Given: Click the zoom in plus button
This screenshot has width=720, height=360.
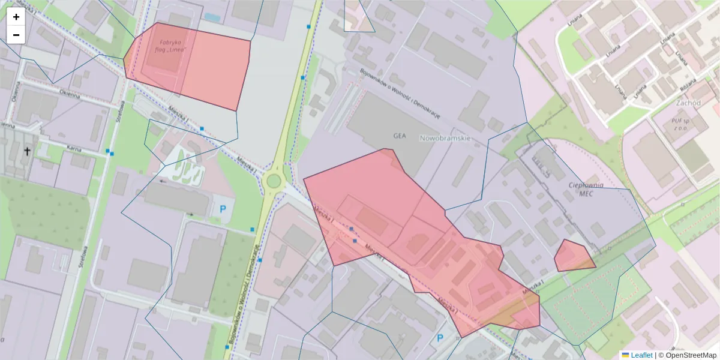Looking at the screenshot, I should point(16,17).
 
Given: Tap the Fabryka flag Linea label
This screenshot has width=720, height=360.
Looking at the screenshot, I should point(170,46).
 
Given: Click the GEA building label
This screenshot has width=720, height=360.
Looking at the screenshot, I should point(400,136).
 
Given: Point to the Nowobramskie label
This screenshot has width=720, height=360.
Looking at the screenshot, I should point(445,138).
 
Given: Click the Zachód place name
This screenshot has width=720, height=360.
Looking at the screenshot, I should point(688,103).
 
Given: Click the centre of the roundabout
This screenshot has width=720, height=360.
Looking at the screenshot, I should point(274,181).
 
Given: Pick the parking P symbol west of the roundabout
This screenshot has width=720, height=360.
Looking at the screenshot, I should point(223,209).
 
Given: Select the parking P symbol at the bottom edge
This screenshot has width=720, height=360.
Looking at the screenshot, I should point(440,338).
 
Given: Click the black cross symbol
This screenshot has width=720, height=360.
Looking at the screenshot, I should point(27,152).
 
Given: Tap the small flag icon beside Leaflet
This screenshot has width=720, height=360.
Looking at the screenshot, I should point(625,355).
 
